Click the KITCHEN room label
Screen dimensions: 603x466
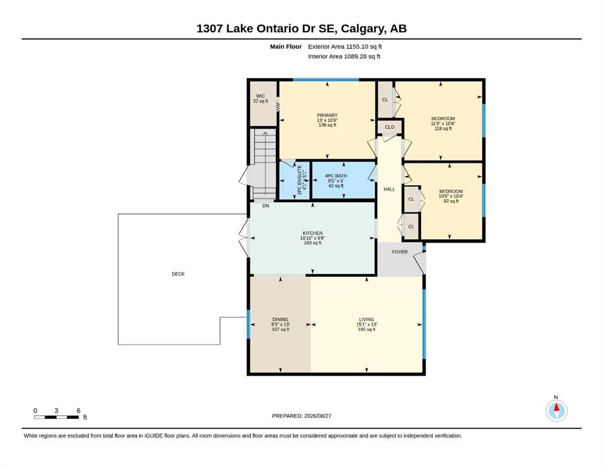click(312, 233)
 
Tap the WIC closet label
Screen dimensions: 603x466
click(261, 96)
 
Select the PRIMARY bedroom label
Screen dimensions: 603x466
click(327, 115)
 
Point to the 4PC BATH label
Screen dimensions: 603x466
click(336, 176)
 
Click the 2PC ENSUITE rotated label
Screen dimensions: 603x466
click(299, 180)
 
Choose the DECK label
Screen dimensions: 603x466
click(178, 274)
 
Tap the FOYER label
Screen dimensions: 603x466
click(400, 252)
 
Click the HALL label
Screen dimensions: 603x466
click(389, 189)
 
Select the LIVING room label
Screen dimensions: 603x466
click(367, 320)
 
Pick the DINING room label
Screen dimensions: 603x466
click(281, 320)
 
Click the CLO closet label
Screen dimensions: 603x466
click(390, 127)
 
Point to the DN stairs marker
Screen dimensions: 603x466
click(265, 206)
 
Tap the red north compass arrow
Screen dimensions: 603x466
click(556, 407)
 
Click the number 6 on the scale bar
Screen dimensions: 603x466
click(78, 411)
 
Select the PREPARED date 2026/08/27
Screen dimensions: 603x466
click(318, 416)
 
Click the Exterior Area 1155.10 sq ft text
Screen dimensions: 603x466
click(345, 47)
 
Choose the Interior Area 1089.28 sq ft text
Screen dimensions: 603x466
click(344, 56)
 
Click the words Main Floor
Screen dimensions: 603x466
click(286, 47)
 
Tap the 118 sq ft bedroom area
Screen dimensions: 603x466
click(443, 129)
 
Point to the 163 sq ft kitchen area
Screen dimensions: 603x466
click(312, 243)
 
